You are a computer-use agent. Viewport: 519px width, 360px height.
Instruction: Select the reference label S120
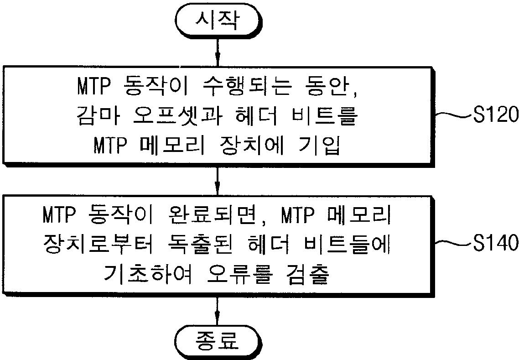tap(496, 115)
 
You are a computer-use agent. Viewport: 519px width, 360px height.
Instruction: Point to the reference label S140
tap(496, 244)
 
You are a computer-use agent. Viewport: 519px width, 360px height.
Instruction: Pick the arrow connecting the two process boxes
tap(218, 182)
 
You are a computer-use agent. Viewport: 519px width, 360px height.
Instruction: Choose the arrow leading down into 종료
tap(218, 311)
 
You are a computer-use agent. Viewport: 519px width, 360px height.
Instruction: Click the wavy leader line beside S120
tap(453, 115)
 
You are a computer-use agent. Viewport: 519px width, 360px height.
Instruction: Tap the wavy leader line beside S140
tap(453, 244)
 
